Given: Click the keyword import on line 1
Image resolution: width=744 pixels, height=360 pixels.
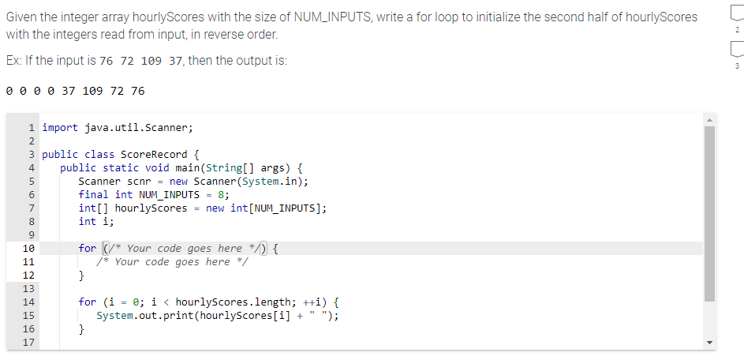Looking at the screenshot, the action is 60,127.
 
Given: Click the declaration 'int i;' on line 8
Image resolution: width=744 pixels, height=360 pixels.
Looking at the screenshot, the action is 96,221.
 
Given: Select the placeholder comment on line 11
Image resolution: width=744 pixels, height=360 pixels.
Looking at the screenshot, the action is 173,262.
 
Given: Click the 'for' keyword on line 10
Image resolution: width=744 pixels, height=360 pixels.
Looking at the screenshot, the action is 88,249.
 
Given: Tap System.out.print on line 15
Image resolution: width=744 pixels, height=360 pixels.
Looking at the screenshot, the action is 148,316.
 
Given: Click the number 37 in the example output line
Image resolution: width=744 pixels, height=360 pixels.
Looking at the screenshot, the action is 68,90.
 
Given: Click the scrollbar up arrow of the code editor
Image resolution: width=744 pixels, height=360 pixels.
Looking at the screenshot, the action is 709,119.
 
